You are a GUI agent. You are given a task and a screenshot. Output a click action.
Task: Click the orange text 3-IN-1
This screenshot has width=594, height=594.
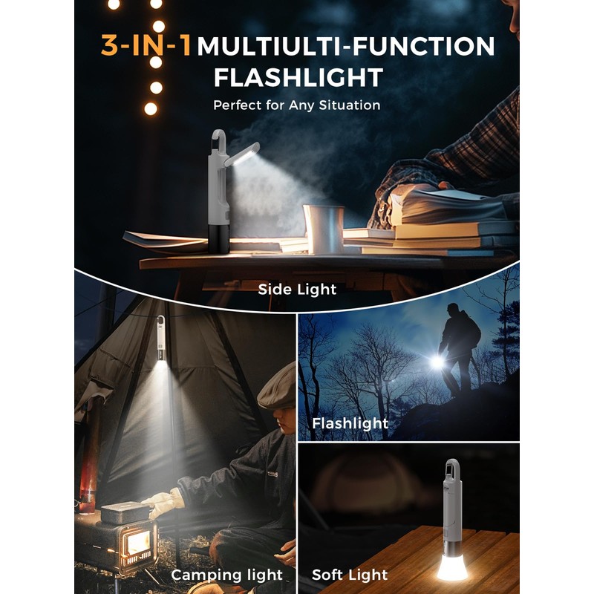(x=146, y=46)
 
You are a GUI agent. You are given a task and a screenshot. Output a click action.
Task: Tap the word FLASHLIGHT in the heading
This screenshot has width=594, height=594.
(x=298, y=77)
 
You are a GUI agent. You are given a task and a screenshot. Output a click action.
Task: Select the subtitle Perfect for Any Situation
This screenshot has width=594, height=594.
(x=297, y=105)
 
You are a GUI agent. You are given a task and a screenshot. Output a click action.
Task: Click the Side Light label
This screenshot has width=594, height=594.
(x=297, y=289)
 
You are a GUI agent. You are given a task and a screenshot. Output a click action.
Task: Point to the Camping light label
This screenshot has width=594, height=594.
(x=227, y=575)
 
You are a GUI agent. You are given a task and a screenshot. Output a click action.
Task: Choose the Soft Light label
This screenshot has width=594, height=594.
(x=350, y=575)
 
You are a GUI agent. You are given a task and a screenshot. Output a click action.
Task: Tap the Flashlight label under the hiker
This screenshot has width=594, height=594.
(x=350, y=424)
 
